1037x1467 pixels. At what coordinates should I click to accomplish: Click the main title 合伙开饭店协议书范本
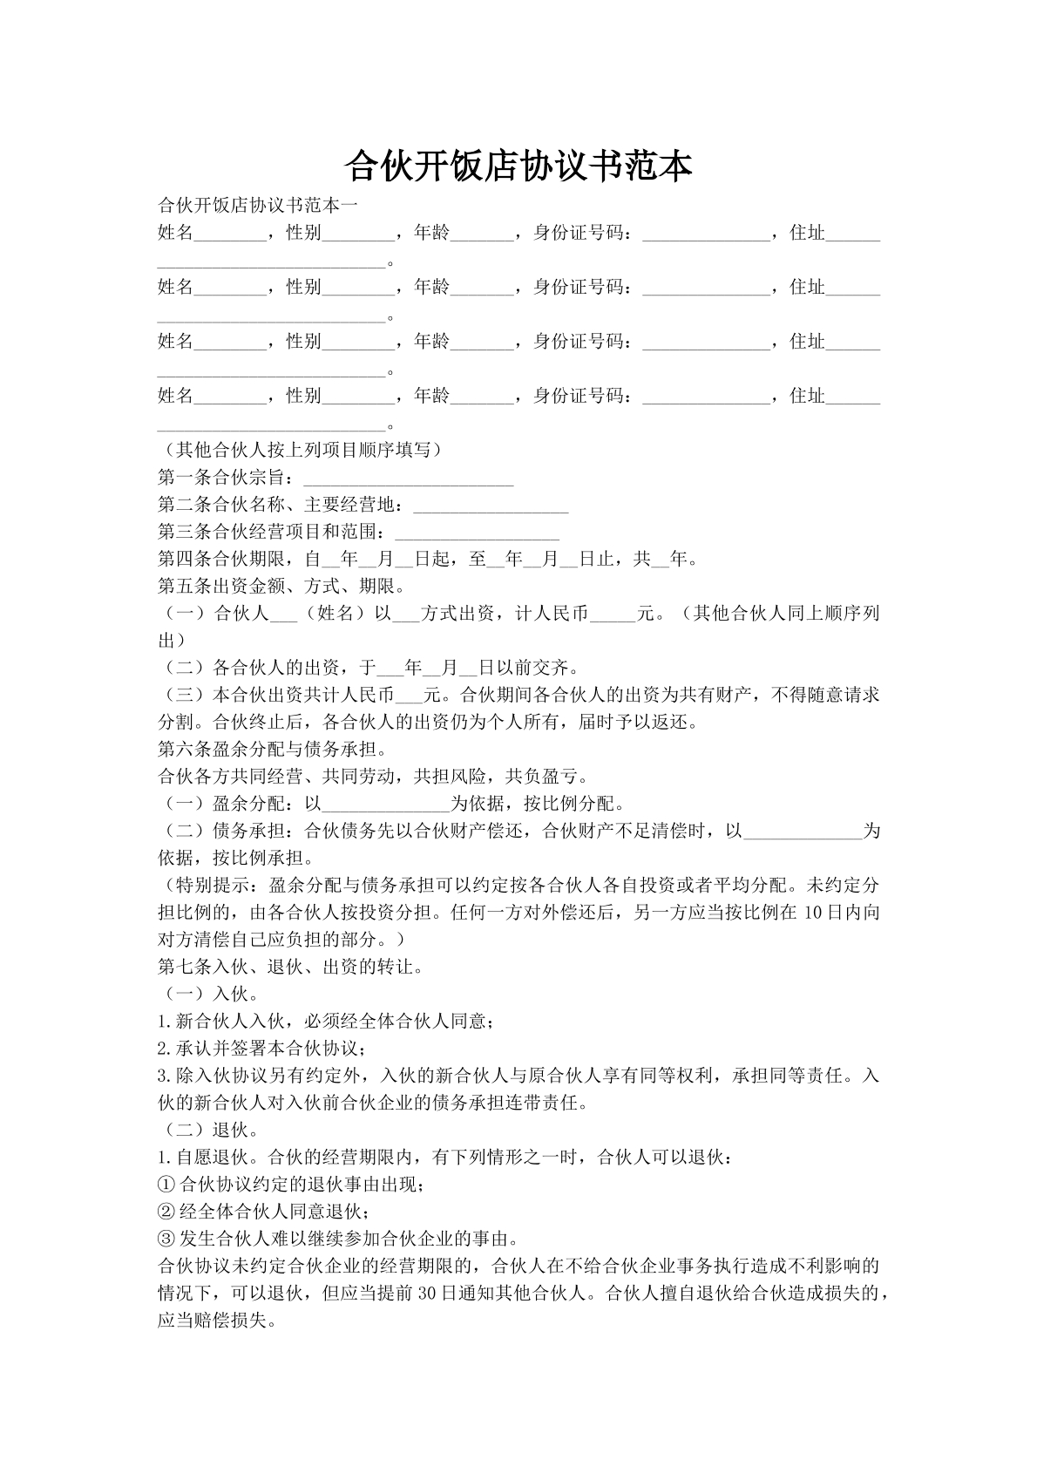pos(518,165)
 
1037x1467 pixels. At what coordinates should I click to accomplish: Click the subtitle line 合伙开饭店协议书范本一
pos(257,206)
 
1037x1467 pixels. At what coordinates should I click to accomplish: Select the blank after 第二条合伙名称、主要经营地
pos(490,506)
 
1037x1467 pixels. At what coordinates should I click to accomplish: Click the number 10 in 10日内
pos(813,913)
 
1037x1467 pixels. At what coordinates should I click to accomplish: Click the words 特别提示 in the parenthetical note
pos(213,886)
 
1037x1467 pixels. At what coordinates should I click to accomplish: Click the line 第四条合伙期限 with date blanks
pos(427,560)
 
